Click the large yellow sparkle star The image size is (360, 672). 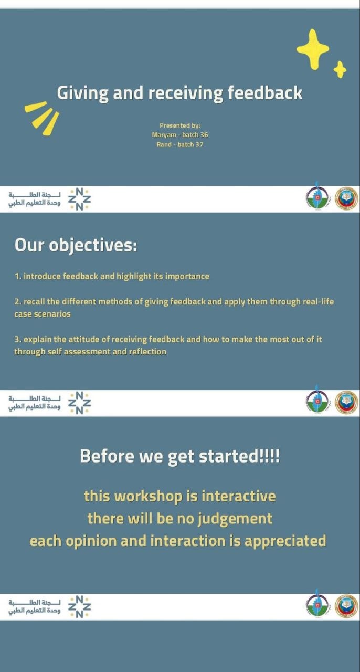313,49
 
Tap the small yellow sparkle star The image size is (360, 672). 340,70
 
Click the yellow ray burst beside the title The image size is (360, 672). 42,117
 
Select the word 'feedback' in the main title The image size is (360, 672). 265,92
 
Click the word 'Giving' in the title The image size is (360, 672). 82,93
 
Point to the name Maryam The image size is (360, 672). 164,135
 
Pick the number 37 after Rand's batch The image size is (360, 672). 199,144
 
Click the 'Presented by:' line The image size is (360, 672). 179,125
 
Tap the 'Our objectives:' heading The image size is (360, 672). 76,245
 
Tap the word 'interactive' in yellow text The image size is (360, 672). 238,496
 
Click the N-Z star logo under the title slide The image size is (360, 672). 79,199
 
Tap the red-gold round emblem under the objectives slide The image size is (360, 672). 346,403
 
